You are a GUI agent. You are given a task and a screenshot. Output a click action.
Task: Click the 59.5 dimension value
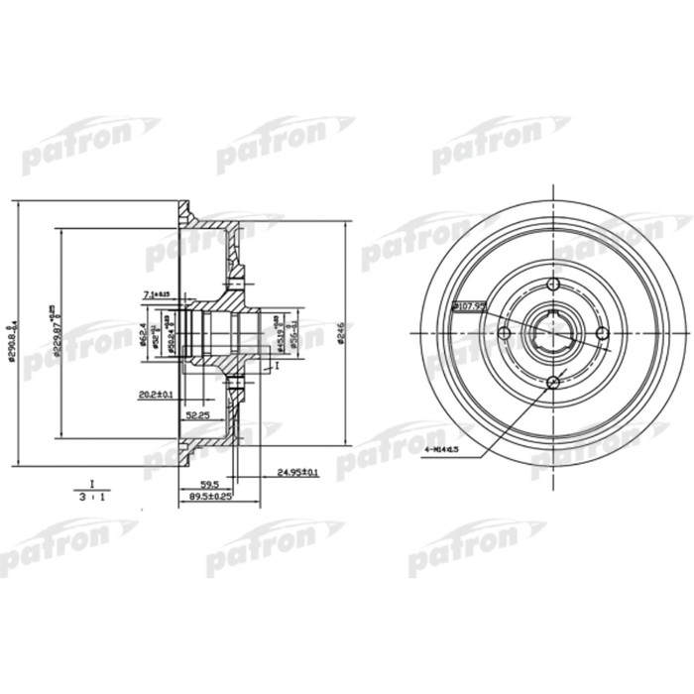tap(207, 484)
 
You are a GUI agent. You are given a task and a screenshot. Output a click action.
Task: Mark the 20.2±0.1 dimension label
tap(156, 395)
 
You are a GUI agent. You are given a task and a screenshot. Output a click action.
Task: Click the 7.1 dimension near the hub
tap(158, 294)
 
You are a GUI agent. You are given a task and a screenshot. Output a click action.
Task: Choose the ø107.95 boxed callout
tap(468, 305)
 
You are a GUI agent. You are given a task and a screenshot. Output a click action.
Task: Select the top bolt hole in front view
tap(554, 288)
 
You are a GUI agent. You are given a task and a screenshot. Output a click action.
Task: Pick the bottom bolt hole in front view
tap(554, 383)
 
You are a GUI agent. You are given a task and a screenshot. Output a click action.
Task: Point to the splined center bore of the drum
tap(554, 335)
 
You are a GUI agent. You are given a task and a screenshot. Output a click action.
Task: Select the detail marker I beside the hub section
tap(279, 365)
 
